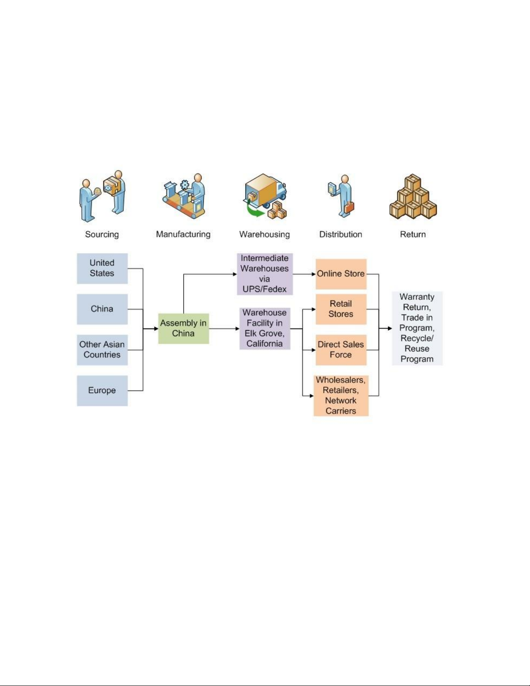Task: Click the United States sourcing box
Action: (102, 268)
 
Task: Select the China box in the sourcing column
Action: (102, 309)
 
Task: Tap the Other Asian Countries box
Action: (102, 350)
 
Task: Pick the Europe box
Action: (102, 390)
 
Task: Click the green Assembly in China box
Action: (183, 329)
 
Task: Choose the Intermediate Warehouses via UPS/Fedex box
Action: (265, 274)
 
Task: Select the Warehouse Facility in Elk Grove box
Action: (265, 329)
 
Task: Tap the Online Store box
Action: (341, 274)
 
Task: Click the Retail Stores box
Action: (341, 309)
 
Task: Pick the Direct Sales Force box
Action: (341, 350)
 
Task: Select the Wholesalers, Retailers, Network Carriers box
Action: (341, 396)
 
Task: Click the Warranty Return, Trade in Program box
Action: (417, 328)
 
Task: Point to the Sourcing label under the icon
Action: (102, 235)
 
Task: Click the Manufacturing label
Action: (183, 235)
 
